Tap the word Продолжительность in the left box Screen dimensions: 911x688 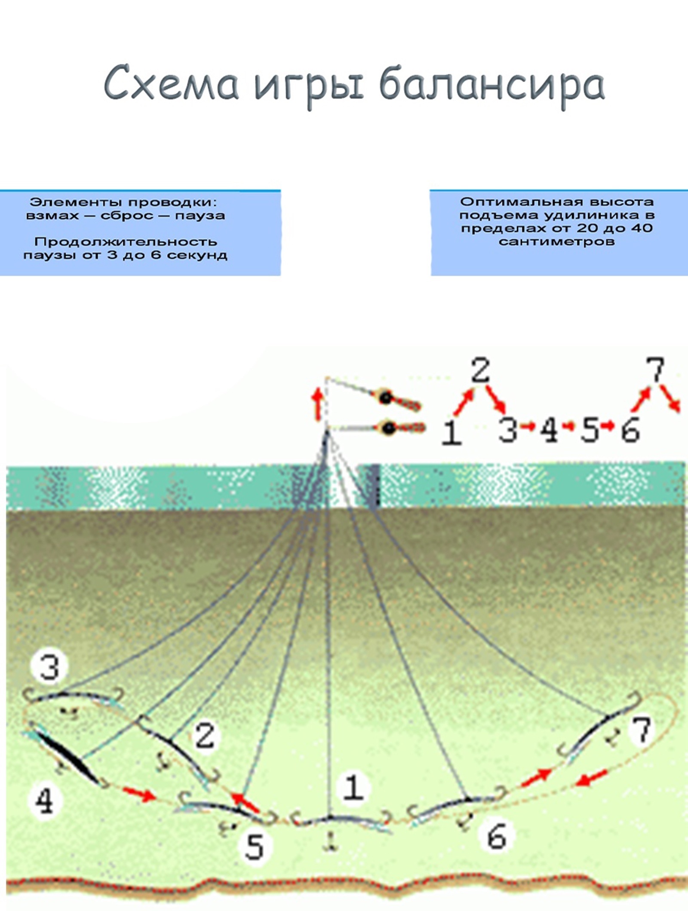click(x=126, y=242)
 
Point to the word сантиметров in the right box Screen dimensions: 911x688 click(x=556, y=241)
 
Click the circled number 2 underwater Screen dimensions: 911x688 click(x=205, y=735)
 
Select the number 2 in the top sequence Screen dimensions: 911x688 click(x=480, y=370)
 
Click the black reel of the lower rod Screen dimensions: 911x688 click(x=389, y=428)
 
